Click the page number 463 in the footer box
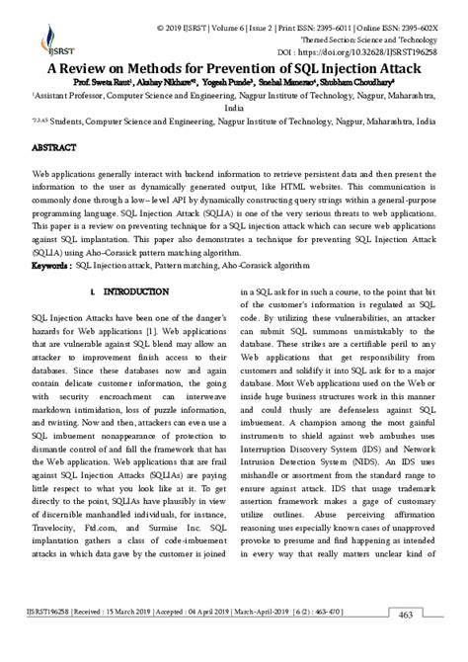coord(432,644)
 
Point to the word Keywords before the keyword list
coord(51,266)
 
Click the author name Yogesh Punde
coord(230,82)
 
